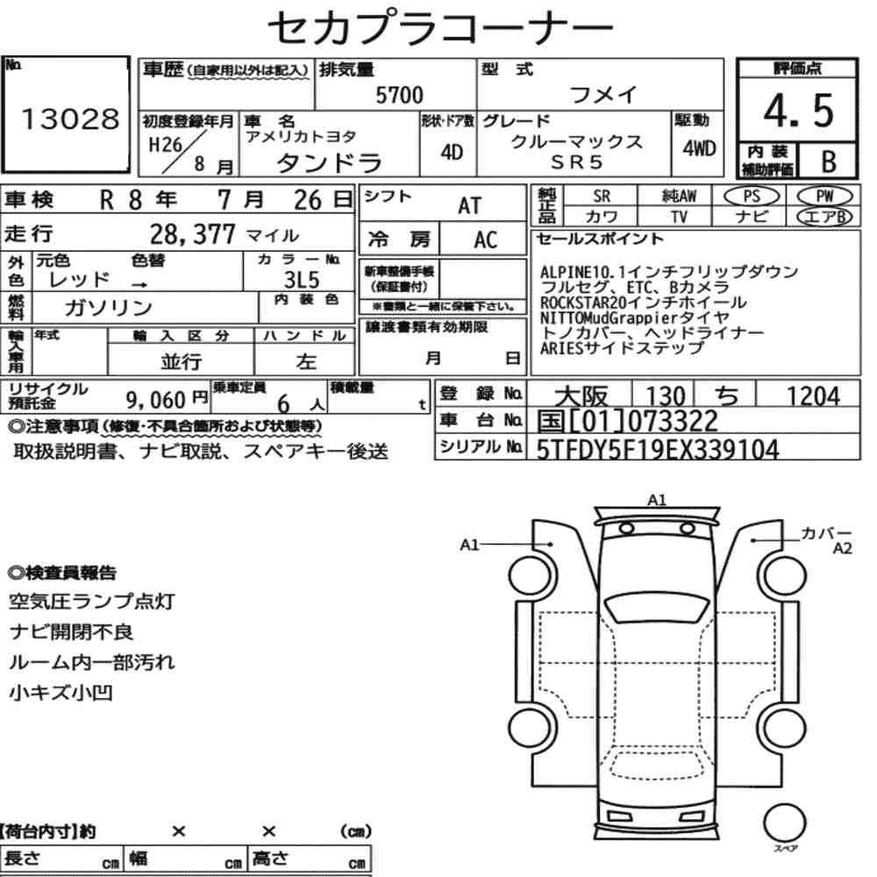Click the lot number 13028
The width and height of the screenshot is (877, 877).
[70, 118]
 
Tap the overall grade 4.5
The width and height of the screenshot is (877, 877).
[798, 111]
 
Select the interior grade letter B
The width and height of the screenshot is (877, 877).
[829, 161]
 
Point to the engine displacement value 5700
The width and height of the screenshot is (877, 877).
[399, 95]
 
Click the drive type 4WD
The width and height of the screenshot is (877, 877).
[699, 148]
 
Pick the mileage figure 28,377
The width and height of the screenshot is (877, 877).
[192, 234]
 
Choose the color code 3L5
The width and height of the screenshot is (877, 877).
[302, 279]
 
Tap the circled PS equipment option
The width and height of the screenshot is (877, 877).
[752, 196]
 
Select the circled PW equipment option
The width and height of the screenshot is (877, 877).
[824, 196]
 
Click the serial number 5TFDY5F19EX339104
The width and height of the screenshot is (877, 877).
[657, 450]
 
